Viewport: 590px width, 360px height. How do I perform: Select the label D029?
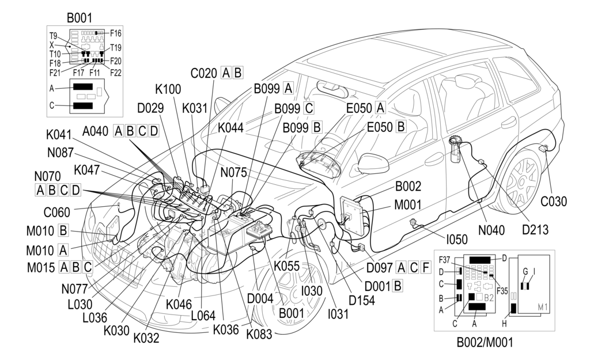(150, 107)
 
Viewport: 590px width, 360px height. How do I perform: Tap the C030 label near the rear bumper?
(554, 202)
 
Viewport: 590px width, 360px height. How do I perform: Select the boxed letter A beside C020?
(225, 73)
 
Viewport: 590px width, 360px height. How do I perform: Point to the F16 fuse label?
(115, 33)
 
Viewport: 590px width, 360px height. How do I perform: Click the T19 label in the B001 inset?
(115, 48)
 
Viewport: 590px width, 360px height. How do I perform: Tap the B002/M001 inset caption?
(484, 343)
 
